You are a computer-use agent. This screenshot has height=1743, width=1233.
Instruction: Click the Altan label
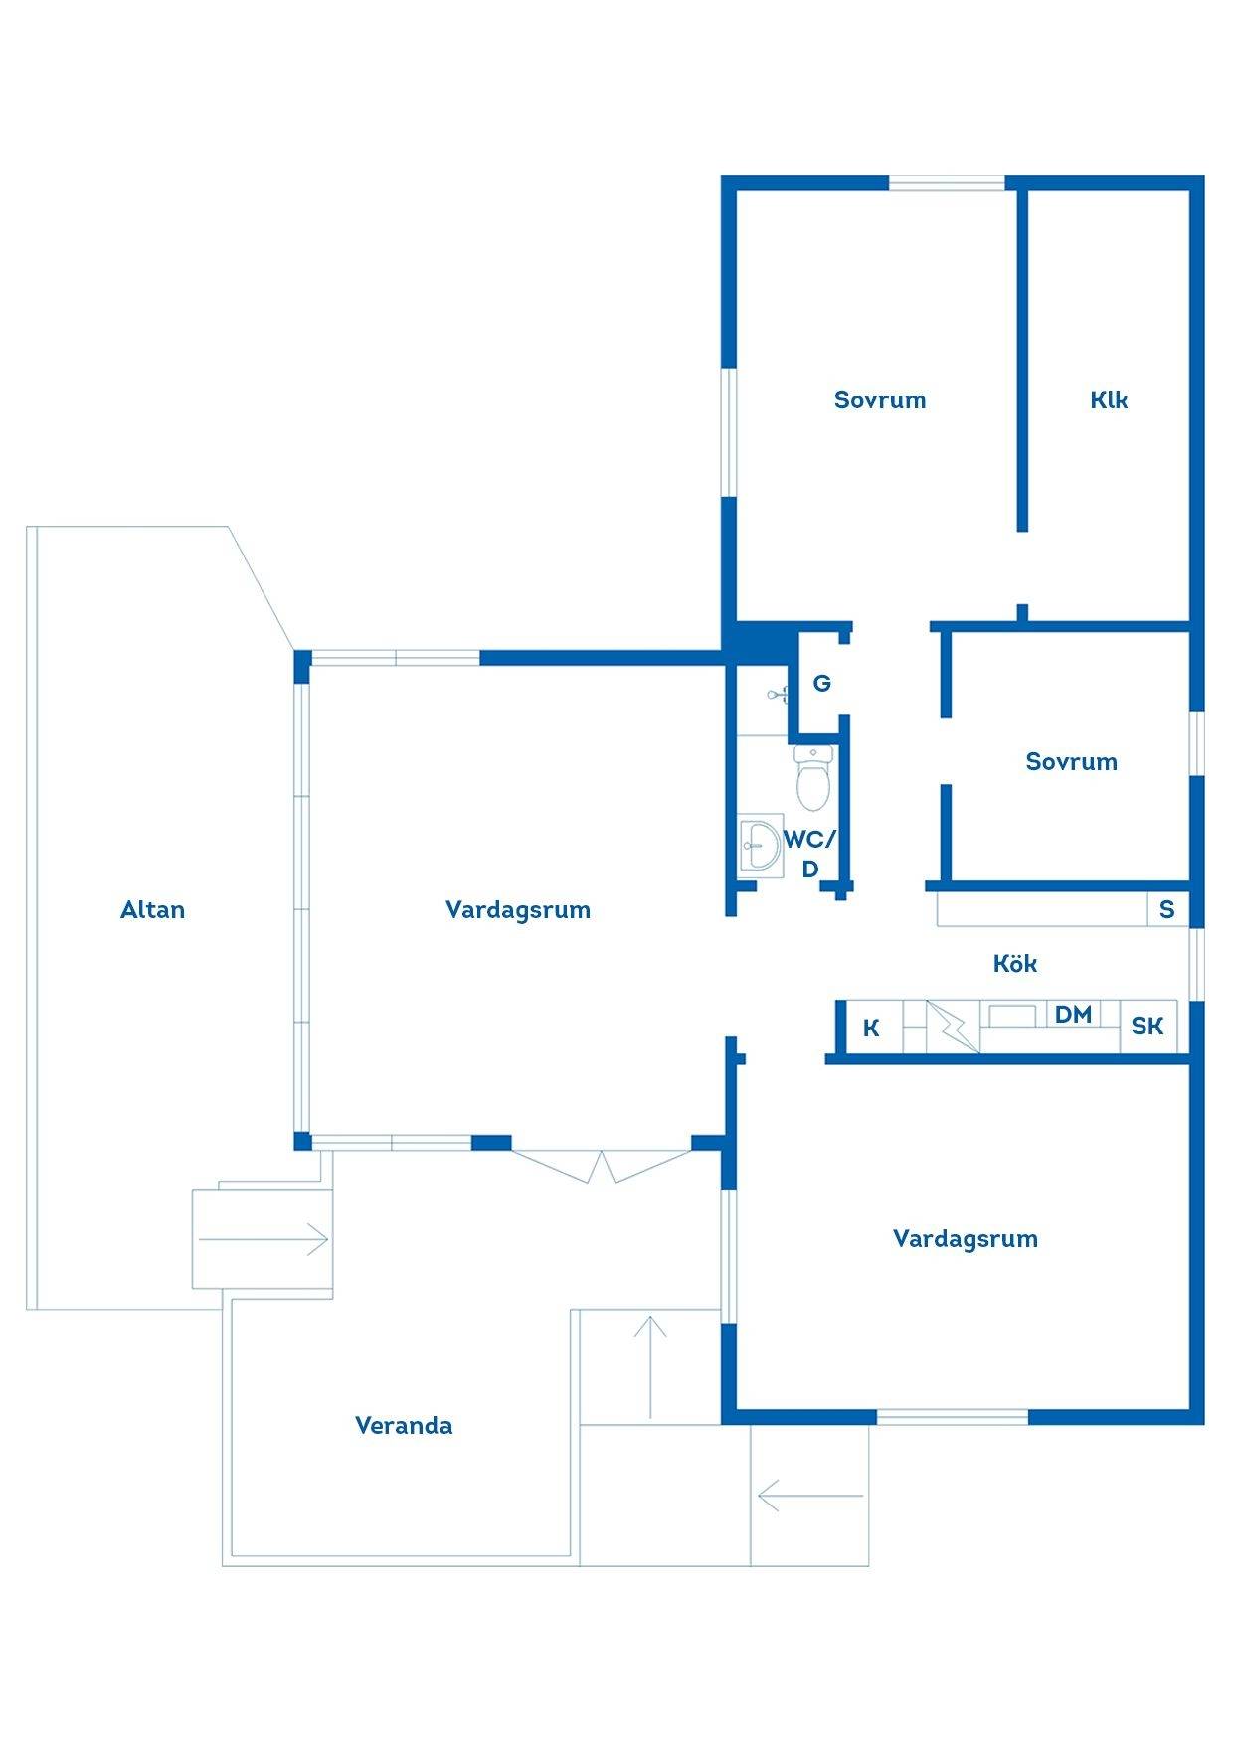point(152,909)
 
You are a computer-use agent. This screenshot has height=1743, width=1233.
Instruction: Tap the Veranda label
point(404,1425)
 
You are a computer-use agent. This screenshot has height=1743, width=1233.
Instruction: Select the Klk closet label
point(1109,399)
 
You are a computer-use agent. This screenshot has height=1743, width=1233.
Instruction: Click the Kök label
point(1015,963)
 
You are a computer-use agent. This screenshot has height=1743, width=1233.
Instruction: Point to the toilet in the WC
point(813,778)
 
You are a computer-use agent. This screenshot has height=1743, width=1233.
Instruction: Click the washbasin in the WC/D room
point(761,846)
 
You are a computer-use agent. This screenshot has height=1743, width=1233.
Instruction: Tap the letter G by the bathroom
point(822,683)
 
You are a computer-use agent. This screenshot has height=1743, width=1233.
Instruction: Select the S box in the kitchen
point(1167,909)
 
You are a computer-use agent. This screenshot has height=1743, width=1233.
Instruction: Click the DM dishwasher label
point(1073,1014)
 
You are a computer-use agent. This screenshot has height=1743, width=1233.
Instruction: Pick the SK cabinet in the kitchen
point(1148,1026)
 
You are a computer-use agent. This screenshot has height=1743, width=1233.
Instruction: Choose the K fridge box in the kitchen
point(872,1028)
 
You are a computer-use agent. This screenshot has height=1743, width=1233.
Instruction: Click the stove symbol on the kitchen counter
point(953,1026)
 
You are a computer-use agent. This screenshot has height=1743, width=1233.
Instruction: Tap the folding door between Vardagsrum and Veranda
point(602,1165)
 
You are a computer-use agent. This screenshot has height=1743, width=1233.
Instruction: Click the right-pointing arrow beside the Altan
point(264,1239)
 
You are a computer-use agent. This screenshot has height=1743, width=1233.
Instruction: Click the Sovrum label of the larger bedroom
point(880,399)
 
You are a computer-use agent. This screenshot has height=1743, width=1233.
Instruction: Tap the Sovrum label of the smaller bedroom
point(1072,761)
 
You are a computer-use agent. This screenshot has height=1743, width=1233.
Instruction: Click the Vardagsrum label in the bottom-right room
point(966,1238)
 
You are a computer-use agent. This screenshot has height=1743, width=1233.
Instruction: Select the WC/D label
point(810,854)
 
